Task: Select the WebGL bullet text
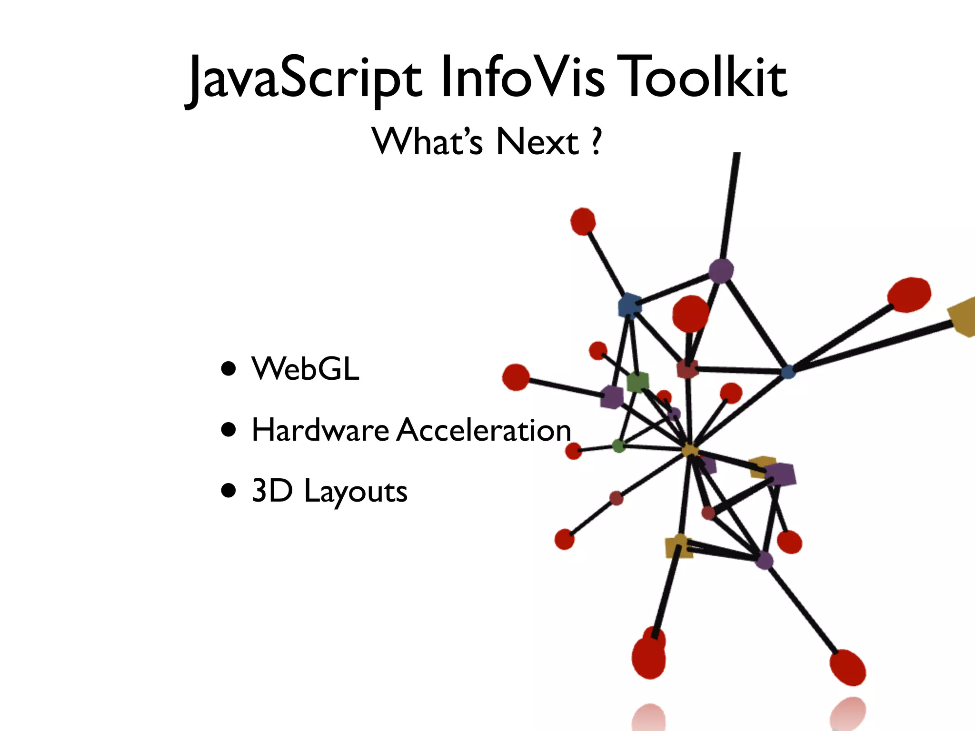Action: (x=305, y=369)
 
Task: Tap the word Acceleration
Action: (x=483, y=430)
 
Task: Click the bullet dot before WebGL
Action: (x=229, y=369)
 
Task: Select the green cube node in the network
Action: (x=637, y=382)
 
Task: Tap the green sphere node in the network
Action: (x=618, y=446)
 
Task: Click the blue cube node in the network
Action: (x=629, y=305)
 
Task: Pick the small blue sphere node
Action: (x=788, y=372)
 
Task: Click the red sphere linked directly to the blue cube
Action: (x=583, y=221)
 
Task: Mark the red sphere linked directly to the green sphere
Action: (x=574, y=450)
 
